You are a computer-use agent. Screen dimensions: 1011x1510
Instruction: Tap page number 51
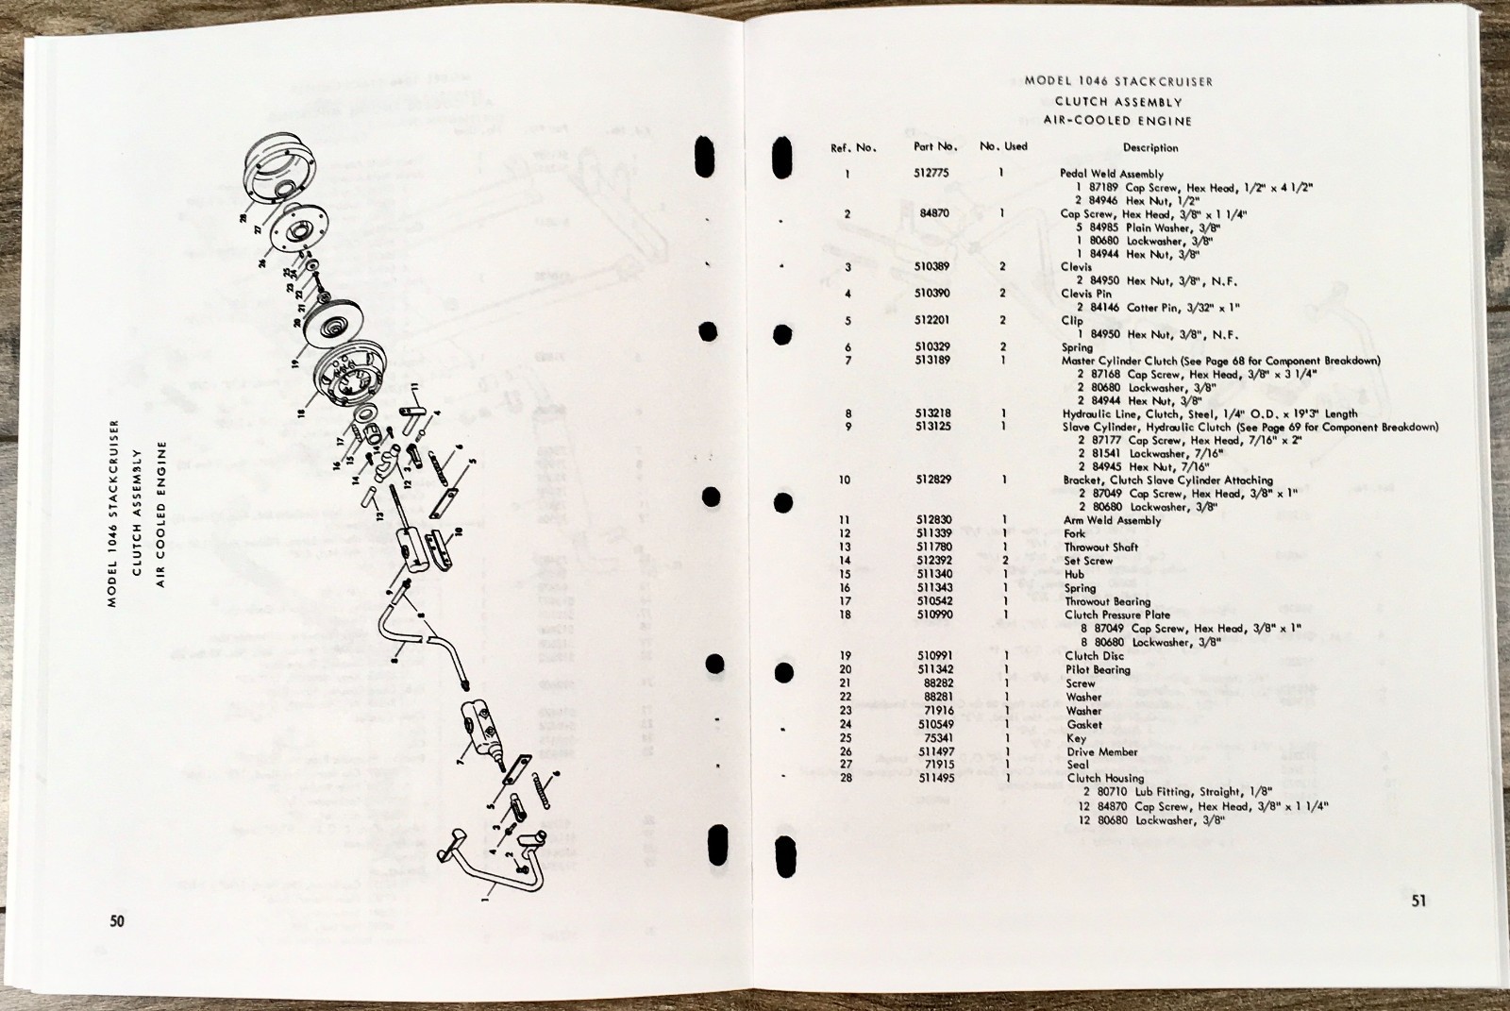pyautogui.click(x=1418, y=901)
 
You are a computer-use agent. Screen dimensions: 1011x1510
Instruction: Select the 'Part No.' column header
pyautogui.click(x=935, y=147)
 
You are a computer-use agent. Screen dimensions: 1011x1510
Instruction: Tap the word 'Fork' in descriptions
pyautogui.click(x=1075, y=533)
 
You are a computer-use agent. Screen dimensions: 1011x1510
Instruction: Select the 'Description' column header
pyautogui.click(x=1149, y=148)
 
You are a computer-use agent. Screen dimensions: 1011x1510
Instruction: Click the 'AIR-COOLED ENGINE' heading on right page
pyautogui.click(x=1116, y=121)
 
